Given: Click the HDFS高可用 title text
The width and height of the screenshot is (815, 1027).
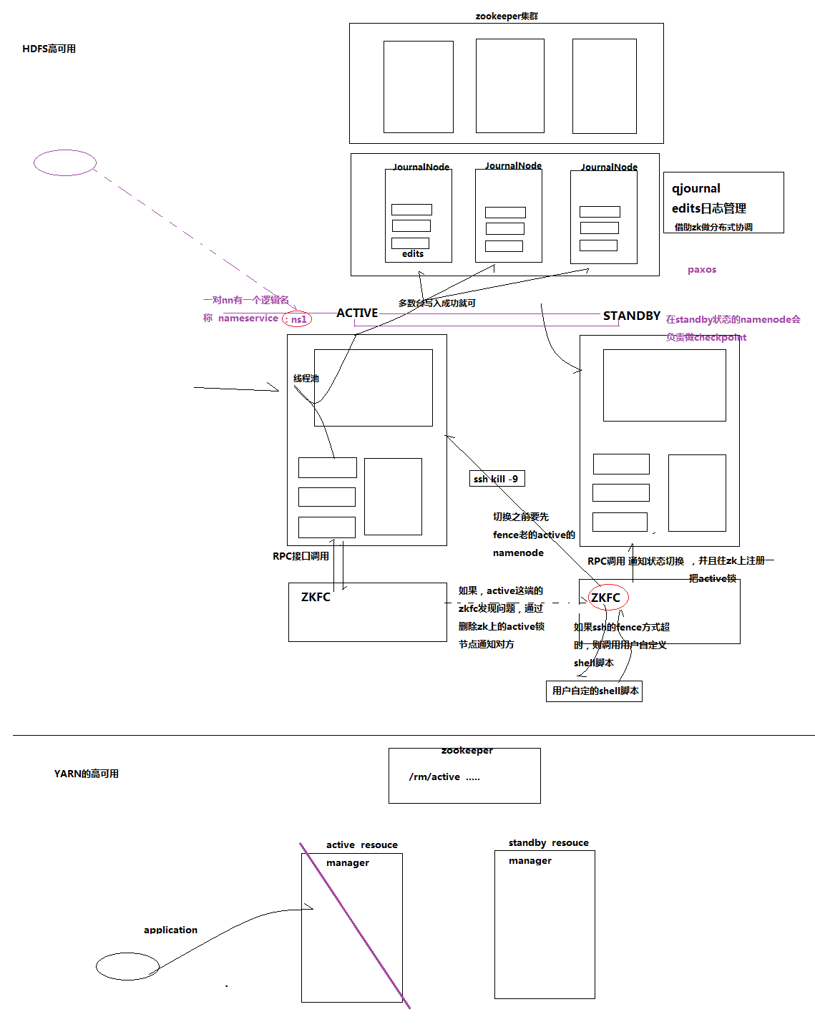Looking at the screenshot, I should pyautogui.click(x=49, y=49).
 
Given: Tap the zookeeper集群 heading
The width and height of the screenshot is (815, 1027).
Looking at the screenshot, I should pyautogui.click(x=506, y=16).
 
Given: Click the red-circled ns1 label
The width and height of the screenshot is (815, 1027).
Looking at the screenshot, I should pyautogui.click(x=298, y=319).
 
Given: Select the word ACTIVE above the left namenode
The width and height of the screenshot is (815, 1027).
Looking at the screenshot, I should pyautogui.click(x=357, y=313).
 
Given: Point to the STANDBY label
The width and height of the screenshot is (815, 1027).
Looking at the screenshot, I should pyautogui.click(x=631, y=316).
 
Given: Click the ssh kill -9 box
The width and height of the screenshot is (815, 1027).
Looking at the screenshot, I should pyautogui.click(x=497, y=479).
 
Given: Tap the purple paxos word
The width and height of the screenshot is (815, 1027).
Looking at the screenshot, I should pyautogui.click(x=701, y=270).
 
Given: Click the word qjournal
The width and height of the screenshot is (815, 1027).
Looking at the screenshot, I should pyautogui.click(x=696, y=188).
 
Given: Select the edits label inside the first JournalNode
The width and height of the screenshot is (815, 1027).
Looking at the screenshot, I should pyautogui.click(x=412, y=254).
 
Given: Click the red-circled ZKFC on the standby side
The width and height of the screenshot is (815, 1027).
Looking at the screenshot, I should pyautogui.click(x=607, y=598).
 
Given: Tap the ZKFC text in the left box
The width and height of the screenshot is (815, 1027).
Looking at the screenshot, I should pyautogui.click(x=316, y=597).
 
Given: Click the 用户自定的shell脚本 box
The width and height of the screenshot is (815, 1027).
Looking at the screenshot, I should pyautogui.click(x=594, y=691).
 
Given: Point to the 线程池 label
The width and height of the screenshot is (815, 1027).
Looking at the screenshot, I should pyautogui.click(x=306, y=378).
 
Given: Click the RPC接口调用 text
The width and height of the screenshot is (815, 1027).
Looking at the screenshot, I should pyautogui.click(x=301, y=556).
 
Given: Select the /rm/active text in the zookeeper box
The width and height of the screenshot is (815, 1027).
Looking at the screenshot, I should pyautogui.click(x=434, y=777).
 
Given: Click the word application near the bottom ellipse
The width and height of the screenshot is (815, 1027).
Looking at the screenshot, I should pyautogui.click(x=170, y=930).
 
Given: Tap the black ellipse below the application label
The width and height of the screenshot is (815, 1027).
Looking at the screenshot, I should pyautogui.click(x=127, y=966).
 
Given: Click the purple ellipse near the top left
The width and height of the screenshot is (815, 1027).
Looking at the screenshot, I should pyautogui.click(x=65, y=162).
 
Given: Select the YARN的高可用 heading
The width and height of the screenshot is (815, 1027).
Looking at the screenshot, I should pyautogui.click(x=86, y=774).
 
